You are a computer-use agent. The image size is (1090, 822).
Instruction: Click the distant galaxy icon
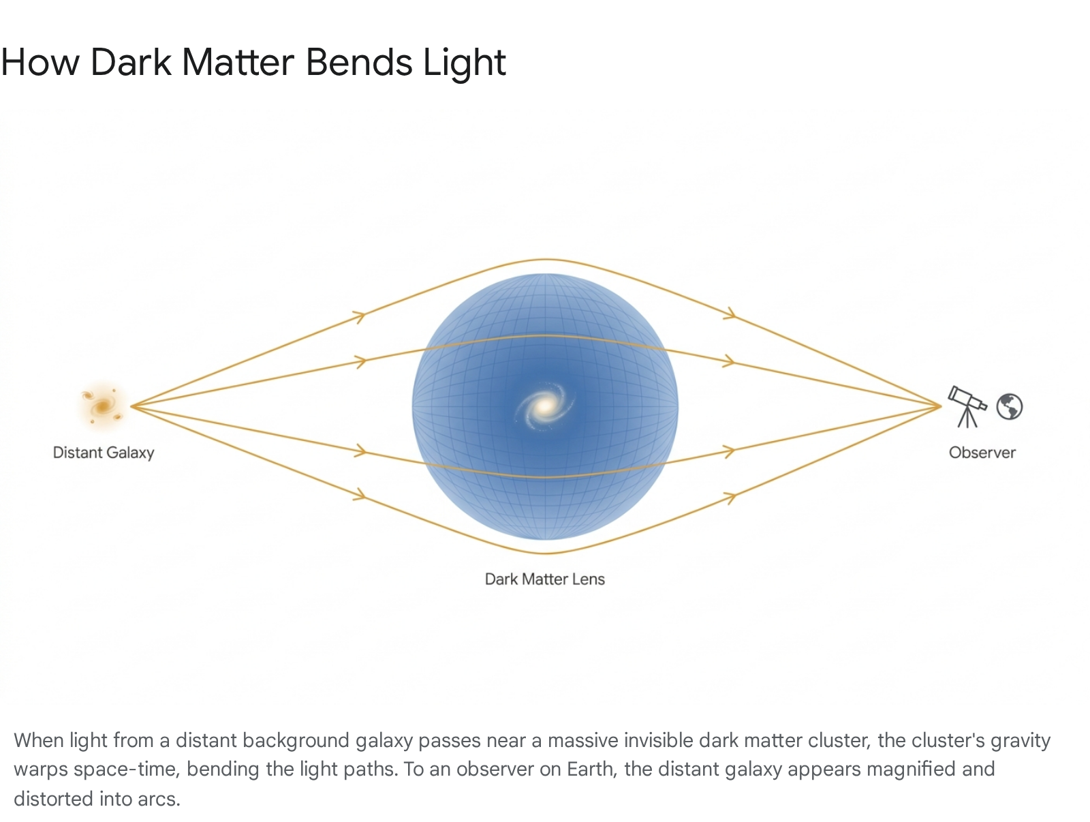[x=102, y=405]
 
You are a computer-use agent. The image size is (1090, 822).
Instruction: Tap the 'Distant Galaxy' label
[x=104, y=453]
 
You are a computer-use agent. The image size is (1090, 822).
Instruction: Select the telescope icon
[x=967, y=406]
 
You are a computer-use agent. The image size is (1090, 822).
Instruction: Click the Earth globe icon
[x=1009, y=407]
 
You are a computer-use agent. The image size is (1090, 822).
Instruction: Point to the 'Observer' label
[x=982, y=453]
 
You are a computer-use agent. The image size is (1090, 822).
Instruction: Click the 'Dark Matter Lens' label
[x=545, y=579]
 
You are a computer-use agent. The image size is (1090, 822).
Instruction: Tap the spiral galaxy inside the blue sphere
[x=545, y=406]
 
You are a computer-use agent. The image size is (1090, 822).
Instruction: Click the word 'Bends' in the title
[x=359, y=63]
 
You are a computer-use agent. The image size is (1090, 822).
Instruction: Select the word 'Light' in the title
[x=465, y=63]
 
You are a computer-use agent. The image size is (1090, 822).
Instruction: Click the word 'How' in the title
[x=40, y=63]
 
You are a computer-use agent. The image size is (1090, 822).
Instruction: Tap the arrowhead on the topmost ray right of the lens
[x=730, y=314]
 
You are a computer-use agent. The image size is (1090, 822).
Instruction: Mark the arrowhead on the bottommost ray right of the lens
[x=730, y=498]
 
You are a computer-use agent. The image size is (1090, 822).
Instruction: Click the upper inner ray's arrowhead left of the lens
[x=360, y=361]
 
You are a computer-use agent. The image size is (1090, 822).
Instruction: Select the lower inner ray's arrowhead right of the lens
[x=728, y=451]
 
